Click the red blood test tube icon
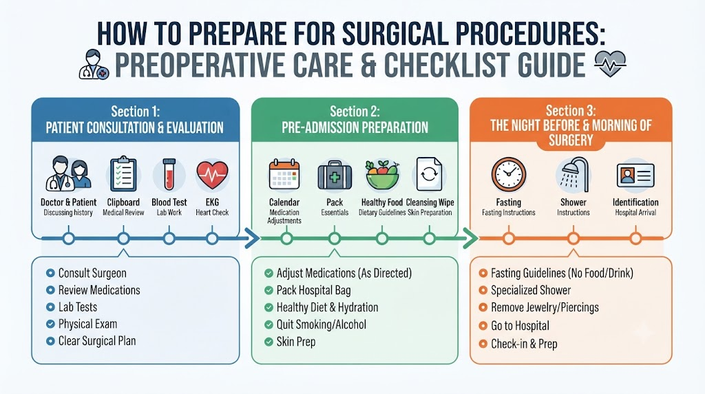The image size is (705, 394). click(x=169, y=174)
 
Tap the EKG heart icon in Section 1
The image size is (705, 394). click(x=212, y=174)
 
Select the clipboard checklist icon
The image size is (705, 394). click(x=123, y=174)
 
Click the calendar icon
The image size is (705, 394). click(x=284, y=174)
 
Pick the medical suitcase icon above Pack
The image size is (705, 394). click(x=335, y=175)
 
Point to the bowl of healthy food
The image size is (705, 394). click(x=382, y=174)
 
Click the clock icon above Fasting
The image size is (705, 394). click(x=509, y=174)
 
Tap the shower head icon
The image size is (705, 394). click(x=574, y=173)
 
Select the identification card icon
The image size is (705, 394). click(x=635, y=176)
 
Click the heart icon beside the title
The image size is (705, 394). click(x=610, y=64)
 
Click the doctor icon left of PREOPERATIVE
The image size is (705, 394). click(x=94, y=65)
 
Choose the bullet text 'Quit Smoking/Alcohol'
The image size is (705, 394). click(x=321, y=324)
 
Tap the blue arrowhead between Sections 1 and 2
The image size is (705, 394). click(x=253, y=238)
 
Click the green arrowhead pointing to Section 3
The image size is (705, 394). click(x=471, y=238)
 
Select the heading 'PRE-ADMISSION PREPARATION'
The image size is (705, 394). click(x=355, y=127)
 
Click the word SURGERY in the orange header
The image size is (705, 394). click(x=571, y=141)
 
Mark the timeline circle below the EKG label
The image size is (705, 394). click(x=212, y=238)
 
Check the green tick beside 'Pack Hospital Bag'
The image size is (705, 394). click(x=269, y=291)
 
